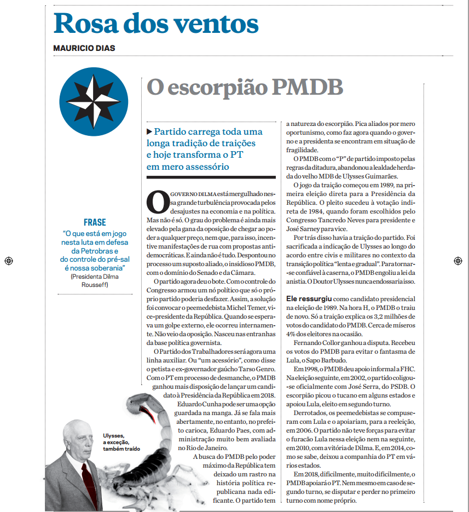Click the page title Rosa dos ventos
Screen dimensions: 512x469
tap(156, 23)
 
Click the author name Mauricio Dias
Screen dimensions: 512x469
tap(84, 48)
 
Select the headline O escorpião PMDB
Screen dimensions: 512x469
tap(245, 88)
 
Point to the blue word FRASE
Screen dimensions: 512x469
tap(95, 222)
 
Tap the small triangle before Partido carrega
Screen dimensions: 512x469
tap(149, 131)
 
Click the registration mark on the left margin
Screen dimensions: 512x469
tap(8, 261)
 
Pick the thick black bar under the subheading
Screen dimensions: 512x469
tap(211, 177)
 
